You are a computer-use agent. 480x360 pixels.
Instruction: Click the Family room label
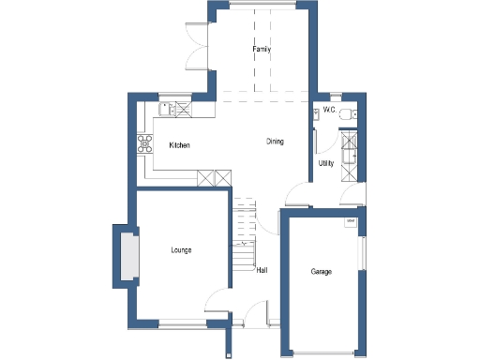point(261,49)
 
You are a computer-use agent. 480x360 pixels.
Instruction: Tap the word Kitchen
point(180,146)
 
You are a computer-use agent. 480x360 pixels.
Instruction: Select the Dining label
point(275,142)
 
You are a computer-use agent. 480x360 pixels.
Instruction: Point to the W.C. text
point(329,110)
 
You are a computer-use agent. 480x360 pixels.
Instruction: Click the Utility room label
point(326,163)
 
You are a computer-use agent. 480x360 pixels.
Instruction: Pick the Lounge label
point(182,250)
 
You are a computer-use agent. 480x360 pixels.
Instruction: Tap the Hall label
point(262,270)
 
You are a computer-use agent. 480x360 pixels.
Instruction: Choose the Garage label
point(322,272)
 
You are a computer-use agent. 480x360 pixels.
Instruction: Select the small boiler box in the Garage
point(351,222)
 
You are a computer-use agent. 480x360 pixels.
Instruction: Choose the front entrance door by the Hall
point(255,324)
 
